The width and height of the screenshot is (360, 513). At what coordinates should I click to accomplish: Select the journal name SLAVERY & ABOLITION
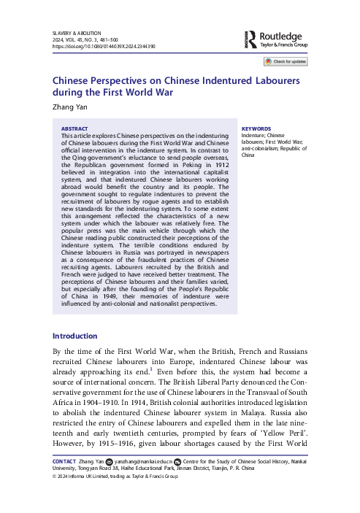click(x=77, y=32)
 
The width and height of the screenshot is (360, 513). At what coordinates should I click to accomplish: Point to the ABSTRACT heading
click(x=76, y=128)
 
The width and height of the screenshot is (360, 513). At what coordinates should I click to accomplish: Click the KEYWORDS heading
click(x=256, y=128)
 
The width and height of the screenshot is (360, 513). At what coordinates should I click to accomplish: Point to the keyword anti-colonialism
click(x=265, y=149)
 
